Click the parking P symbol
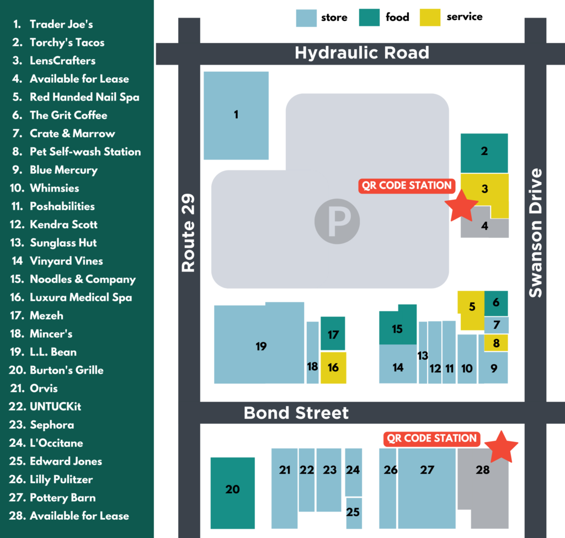[x=337, y=222]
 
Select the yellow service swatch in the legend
[x=430, y=17]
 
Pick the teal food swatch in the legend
[x=369, y=17]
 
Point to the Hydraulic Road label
[x=361, y=53]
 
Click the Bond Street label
[x=296, y=413]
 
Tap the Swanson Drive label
[x=536, y=233]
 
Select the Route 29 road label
[x=189, y=233]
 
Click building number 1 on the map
[x=236, y=115]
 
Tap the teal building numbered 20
[x=232, y=489]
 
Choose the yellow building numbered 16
[x=333, y=367]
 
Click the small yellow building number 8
[x=496, y=343]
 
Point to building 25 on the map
[x=353, y=512]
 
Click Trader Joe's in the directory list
[x=61, y=24]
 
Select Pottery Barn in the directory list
[x=62, y=498]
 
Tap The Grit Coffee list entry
[x=68, y=115]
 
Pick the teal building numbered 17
[x=333, y=334]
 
